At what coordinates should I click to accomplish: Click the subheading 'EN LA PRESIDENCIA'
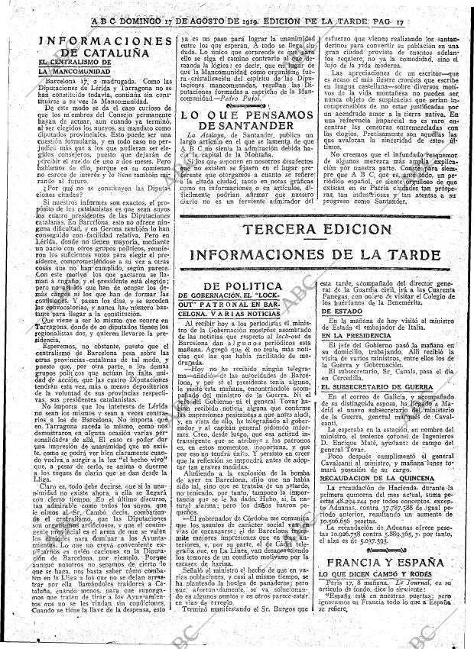[354, 336]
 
